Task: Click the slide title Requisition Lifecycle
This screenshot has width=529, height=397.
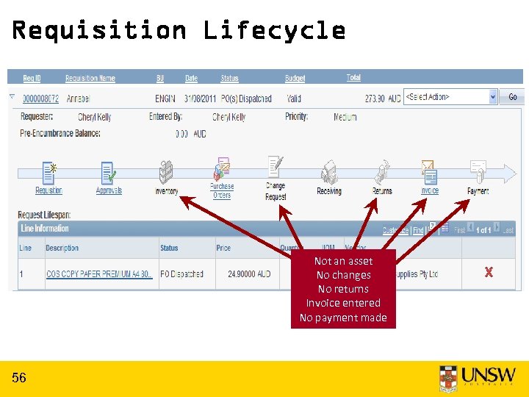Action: click(x=179, y=30)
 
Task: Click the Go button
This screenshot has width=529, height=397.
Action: click(x=512, y=97)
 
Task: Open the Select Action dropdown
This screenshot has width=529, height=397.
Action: click(x=450, y=97)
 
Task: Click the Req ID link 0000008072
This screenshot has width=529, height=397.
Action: click(x=40, y=99)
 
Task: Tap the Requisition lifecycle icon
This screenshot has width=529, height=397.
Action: click(x=48, y=173)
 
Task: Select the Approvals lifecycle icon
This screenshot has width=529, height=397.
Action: click(x=108, y=173)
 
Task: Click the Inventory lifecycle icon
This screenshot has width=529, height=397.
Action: click(x=166, y=173)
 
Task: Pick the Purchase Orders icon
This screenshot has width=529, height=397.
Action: click(x=221, y=171)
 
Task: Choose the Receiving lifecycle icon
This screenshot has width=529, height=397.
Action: click(x=328, y=173)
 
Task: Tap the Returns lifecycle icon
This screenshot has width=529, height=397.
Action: click(x=381, y=173)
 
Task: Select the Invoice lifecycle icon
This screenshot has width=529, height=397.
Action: click(x=429, y=173)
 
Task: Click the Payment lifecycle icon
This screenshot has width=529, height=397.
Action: click(x=478, y=173)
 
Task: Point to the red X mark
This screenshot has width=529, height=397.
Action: click(x=488, y=273)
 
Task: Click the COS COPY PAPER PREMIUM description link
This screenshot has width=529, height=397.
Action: click(x=98, y=274)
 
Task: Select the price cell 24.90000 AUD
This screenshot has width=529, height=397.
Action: click(x=243, y=274)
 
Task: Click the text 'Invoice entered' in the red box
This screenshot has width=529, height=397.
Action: click(x=343, y=303)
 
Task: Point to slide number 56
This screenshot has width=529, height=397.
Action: click(x=19, y=378)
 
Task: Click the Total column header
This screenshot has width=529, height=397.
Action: click(x=353, y=78)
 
